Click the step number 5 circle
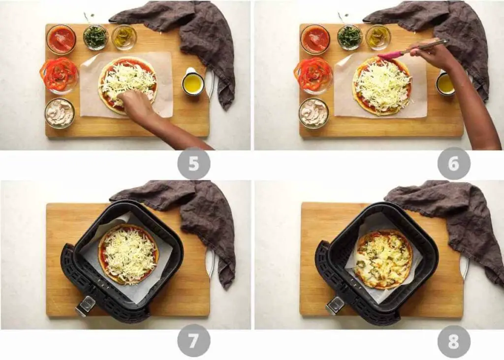(x=194, y=164)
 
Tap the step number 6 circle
(x=454, y=164)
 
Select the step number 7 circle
(x=194, y=340)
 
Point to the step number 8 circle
(x=454, y=341)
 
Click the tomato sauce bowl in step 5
(x=61, y=39)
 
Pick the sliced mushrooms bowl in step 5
(x=60, y=113)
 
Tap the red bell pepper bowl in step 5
(x=59, y=75)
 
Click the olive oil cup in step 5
(x=193, y=82)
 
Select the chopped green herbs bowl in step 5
(x=95, y=37)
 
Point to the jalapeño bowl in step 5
(x=124, y=37)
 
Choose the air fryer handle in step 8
(x=335, y=305)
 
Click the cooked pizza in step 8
(x=384, y=259)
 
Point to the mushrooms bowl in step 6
(x=314, y=113)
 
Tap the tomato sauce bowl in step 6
(x=315, y=39)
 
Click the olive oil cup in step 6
(x=445, y=83)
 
